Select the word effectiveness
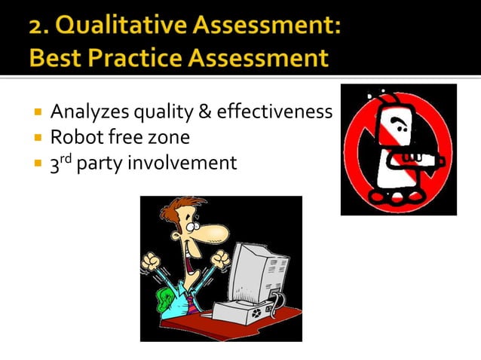point(274,113)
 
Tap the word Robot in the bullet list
point(73,138)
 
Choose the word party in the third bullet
point(114,163)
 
